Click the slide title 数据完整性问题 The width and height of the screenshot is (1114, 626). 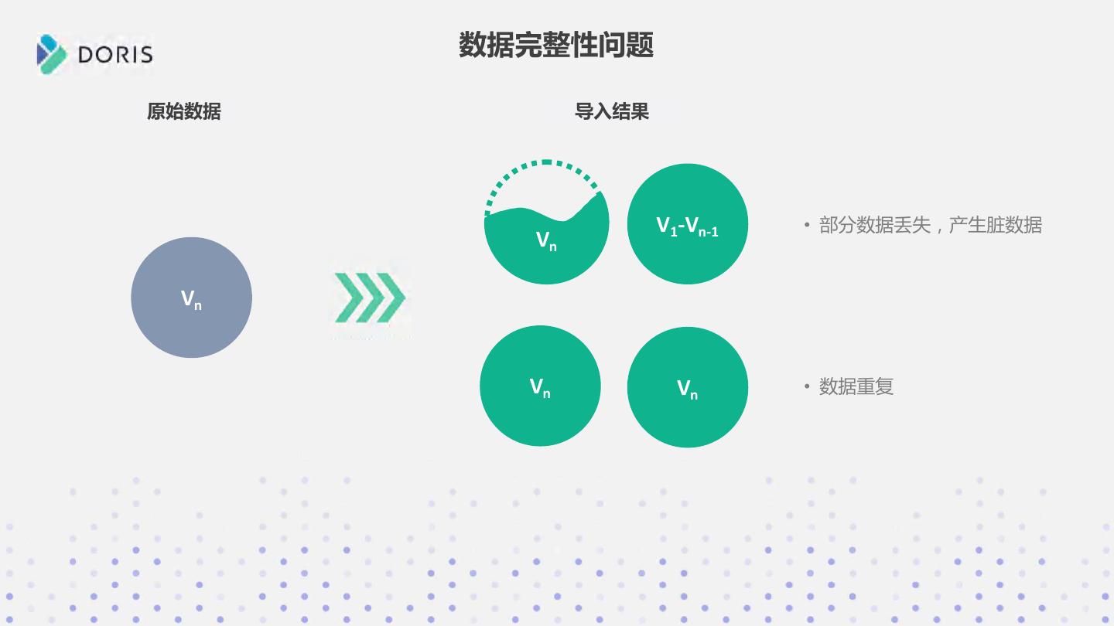[x=556, y=45]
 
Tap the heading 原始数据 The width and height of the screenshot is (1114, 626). [x=184, y=112]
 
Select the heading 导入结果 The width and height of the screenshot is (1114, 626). [x=611, y=112]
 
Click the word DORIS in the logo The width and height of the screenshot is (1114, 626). [x=115, y=55]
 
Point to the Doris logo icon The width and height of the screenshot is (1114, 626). [x=52, y=54]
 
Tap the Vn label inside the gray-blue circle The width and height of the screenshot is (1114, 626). [x=191, y=299]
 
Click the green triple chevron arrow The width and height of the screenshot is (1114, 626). [x=370, y=298]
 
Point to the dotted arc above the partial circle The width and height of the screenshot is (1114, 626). [x=545, y=163]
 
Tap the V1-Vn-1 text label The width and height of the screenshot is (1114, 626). [x=688, y=226]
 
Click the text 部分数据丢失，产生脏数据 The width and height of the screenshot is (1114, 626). [x=930, y=226]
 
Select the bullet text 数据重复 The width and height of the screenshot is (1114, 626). [x=856, y=386]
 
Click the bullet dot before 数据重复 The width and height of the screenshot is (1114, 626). [x=807, y=386]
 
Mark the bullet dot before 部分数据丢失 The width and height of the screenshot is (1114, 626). [x=807, y=226]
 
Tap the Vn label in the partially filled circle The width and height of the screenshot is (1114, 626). [x=546, y=241]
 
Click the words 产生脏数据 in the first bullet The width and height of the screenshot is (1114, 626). [x=996, y=226]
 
